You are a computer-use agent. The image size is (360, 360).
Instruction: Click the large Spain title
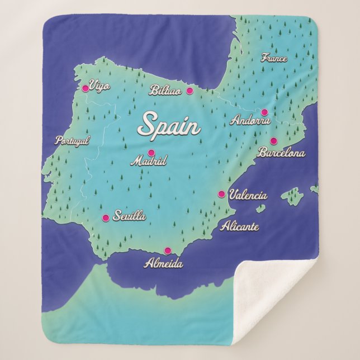click(x=169, y=125)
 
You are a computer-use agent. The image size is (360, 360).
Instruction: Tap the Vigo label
click(x=100, y=86)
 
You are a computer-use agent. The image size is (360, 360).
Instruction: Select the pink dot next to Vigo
click(x=86, y=88)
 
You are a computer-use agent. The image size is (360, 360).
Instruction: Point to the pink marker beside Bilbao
click(x=190, y=91)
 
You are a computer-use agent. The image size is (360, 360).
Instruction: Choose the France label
click(x=274, y=58)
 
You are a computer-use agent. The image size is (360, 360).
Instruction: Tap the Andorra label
click(x=250, y=120)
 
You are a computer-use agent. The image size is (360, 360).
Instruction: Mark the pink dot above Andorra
click(x=264, y=112)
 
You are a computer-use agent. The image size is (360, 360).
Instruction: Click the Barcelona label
click(x=281, y=152)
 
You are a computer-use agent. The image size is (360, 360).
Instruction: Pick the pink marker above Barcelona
click(x=274, y=141)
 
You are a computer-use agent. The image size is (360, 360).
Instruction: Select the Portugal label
click(x=72, y=141)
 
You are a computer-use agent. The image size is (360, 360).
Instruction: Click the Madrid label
click(x=149, y=162)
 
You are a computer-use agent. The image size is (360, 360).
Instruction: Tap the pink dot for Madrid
click(x=151, y=153)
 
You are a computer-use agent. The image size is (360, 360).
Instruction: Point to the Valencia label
click(x=248, y=196)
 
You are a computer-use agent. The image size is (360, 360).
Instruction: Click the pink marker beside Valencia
click(x=221, y=195)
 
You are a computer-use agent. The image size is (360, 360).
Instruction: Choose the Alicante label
click(x=240, y=226)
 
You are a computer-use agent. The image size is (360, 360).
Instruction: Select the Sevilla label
click(x=129, y=216)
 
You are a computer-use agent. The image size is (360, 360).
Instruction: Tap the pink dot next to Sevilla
click(x=105, y=218)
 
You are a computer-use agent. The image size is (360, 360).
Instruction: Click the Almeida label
click(x=163, y=263)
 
